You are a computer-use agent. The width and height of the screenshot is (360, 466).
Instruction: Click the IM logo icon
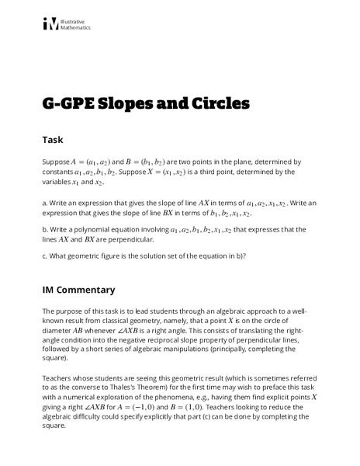50,25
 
